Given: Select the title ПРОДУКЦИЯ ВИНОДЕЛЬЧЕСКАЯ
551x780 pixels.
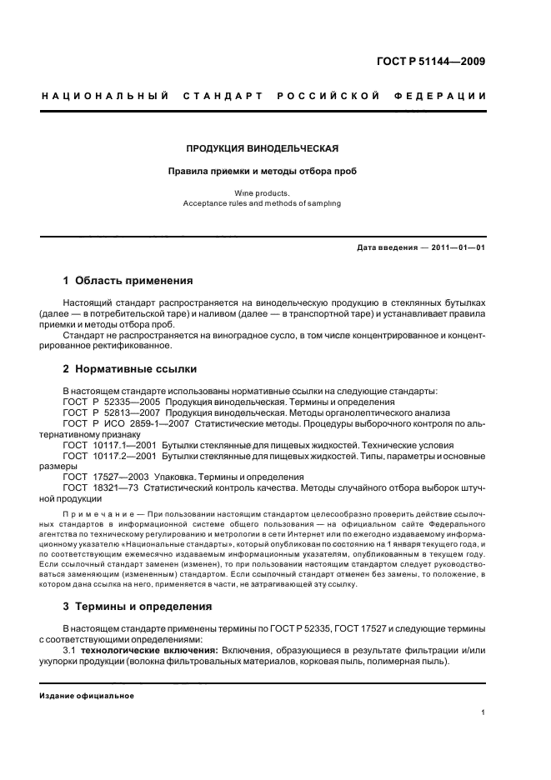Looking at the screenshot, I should tap(262, 149).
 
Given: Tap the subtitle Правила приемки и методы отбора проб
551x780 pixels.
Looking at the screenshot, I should tap(262, 171).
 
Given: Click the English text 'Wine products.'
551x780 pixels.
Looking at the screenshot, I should tap(262, 192).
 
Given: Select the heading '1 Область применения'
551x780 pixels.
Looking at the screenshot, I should tap(128, 280).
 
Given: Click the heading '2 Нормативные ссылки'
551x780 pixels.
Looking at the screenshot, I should tap(130, 368).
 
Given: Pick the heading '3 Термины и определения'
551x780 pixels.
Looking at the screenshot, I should tap(138, 605).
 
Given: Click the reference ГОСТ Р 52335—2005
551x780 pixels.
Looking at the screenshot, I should tap(112, 402).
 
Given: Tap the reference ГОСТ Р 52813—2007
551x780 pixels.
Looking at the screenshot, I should tap(112, 412).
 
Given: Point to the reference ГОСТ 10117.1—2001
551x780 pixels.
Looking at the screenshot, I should tap(108, 446).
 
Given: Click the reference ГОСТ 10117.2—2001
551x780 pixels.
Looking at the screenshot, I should tap(108, 457).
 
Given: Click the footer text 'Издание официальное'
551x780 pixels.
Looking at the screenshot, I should tap(87, 696).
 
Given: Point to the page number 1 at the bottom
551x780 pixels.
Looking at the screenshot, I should tap(484, 712).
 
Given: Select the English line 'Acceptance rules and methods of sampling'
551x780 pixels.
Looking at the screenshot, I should tap(262, 202).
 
